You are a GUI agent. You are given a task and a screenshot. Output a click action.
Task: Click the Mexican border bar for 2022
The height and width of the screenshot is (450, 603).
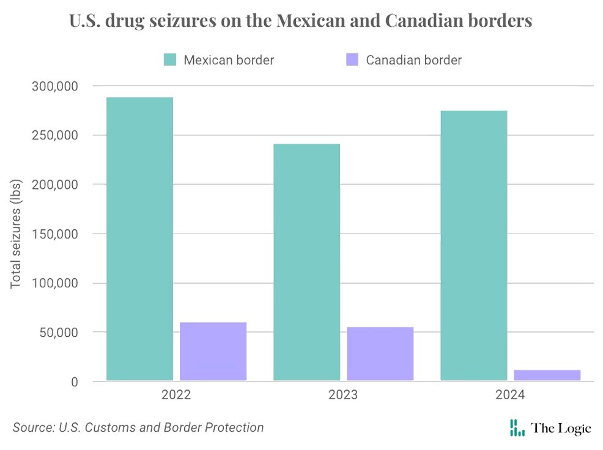coord(139,238)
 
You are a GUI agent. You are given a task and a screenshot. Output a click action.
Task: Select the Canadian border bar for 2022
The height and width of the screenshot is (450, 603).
coord(213,352)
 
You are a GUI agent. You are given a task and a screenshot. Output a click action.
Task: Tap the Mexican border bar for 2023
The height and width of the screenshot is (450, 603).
coord(306,262)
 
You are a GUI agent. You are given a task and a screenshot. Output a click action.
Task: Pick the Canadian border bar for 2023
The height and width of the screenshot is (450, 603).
coord(380,354)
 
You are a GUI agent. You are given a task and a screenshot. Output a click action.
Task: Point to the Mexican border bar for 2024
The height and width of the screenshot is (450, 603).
coord(473,245)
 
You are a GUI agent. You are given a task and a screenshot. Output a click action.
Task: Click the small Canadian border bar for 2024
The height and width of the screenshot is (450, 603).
coord(547,375)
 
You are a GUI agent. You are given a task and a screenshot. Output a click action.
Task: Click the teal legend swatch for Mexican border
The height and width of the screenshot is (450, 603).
coord(169,60)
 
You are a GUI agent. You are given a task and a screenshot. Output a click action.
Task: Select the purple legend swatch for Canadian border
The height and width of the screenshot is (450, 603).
coord(352,60)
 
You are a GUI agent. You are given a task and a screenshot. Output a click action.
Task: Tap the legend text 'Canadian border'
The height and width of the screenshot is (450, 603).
coord(413,60)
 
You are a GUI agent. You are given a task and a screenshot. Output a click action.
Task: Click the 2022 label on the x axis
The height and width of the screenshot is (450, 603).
coord(176,396)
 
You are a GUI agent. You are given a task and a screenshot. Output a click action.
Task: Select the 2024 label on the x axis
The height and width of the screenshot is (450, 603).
coord(510,396)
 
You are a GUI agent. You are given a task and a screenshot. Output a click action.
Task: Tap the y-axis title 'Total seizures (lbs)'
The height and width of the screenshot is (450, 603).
coord(17,233)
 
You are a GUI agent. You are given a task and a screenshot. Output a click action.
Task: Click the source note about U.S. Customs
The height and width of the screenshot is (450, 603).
coord(138,427)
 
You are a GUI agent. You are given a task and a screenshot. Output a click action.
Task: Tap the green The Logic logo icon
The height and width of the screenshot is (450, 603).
coord(517,428)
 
